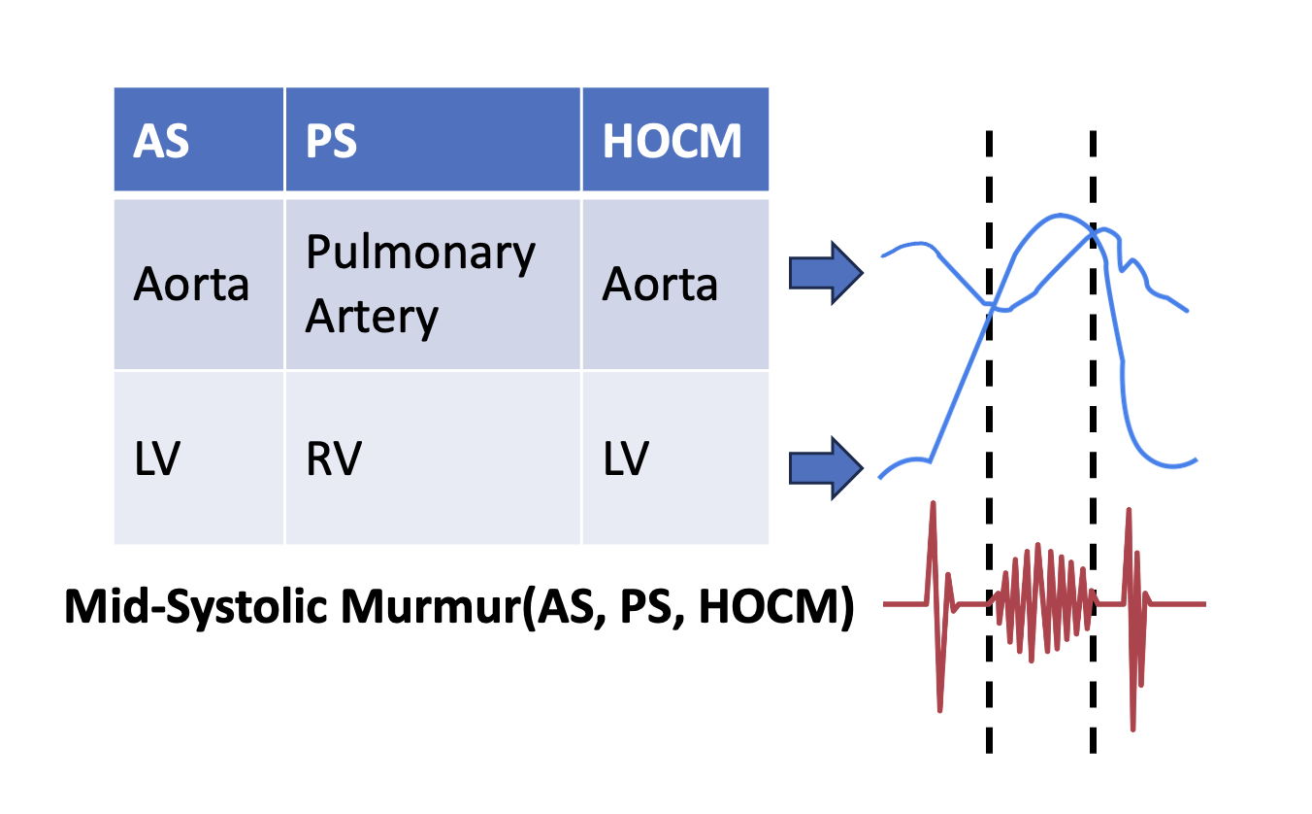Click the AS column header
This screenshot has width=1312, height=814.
point(199,140)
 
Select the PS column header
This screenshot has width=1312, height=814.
point(433,140)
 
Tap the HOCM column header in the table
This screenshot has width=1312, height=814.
point(675,140)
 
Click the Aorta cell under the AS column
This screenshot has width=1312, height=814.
point(199,285)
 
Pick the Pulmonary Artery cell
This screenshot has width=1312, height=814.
point(433,285)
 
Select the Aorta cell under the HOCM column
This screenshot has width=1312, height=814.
point(675,285)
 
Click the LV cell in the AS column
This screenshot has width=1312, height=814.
point(199,458)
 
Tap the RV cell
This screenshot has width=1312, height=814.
point(433,458)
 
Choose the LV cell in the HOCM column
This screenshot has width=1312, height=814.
point(675,458)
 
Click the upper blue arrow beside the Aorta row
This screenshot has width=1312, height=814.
point(826,273)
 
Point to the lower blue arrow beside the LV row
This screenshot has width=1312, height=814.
point(826,468)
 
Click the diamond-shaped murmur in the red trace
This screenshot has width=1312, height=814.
point(1041,603)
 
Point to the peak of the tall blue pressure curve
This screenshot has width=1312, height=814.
point(1059,216)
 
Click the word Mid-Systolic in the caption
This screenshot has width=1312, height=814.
point(196,606)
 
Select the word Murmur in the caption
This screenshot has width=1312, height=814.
point(431,606)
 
